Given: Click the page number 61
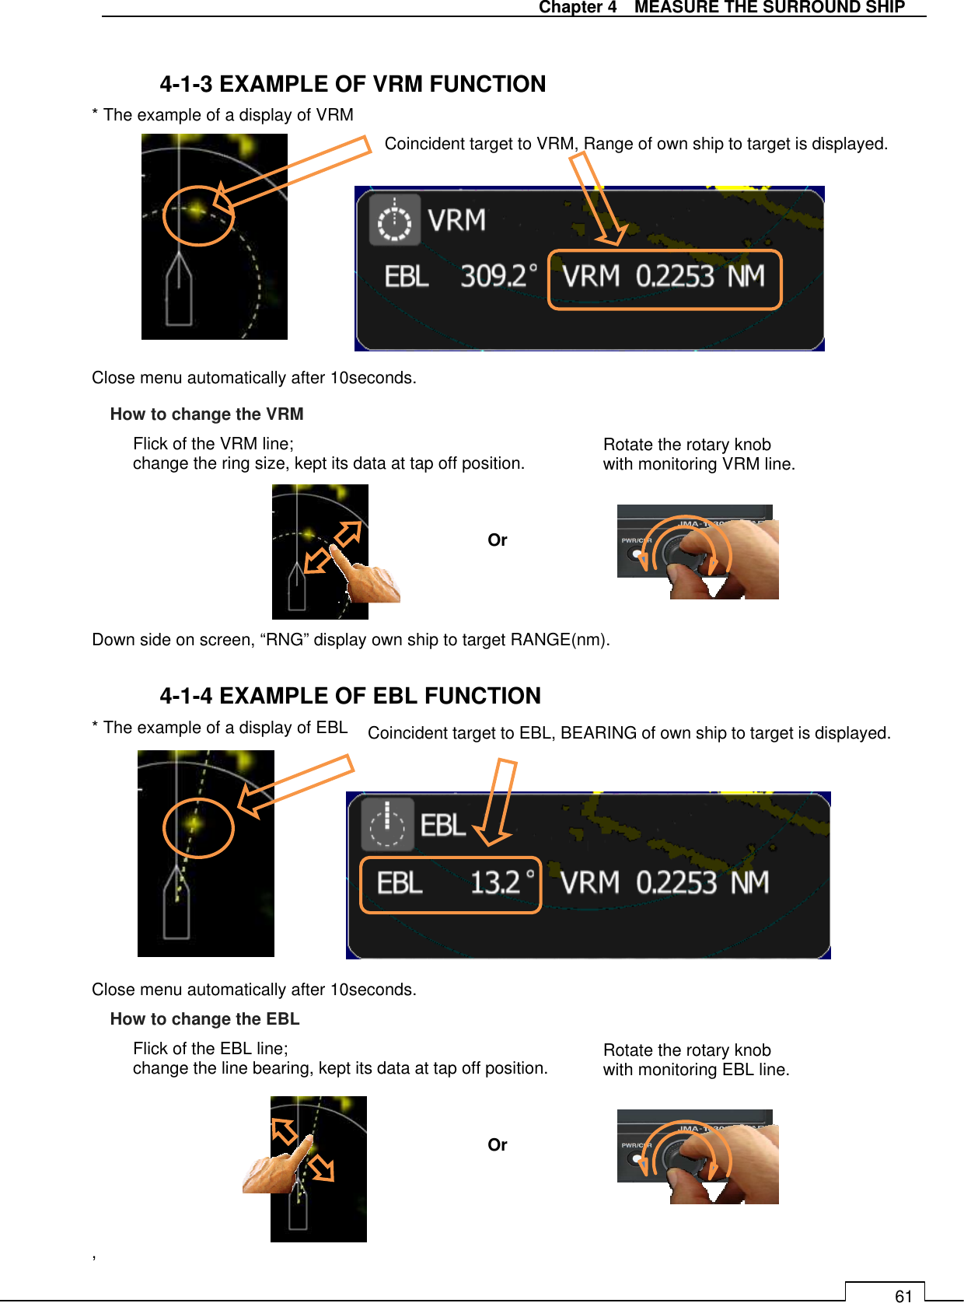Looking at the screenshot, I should pyautogui.click(x=903, y=1295).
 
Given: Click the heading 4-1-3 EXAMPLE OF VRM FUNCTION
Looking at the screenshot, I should pyautogui.click(x=352, y=84).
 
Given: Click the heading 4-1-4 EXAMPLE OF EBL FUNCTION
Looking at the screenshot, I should pyautogui.click(x=350, y=696).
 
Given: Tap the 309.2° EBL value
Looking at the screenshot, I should pyautogui.click(x=498, y=277).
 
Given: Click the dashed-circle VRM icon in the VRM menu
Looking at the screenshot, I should pyautogui.click(x=395, y=221).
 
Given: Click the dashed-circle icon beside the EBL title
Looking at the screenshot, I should pyautogui.click(x=387, y=825).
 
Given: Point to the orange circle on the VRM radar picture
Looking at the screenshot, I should pyautogui.click(x=198, y=215).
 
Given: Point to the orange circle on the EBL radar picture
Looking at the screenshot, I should pyautogui.click(x=198, y=827).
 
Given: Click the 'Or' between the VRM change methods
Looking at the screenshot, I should pyautogui.click(x=498, y=540).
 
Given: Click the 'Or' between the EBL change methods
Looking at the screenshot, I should pyautogui.click(x=498, y=1145).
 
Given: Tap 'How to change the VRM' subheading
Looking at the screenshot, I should pyautogui.click(x=207, y=414).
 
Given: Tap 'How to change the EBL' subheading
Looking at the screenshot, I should pyautogui.click(x=204, y=1019).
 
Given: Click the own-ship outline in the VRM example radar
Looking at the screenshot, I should pyautogui.click(x=180, y=292).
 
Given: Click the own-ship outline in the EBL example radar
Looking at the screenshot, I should pyautogui.click(x=176, y=906).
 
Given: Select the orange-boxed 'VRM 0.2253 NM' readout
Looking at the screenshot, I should pyautogui.click(x=664, y=278).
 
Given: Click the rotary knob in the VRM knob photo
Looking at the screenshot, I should pyautogui.click(x=689, y=553).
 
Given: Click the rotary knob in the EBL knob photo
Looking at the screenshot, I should pyautogui.click(x=689, y=1158).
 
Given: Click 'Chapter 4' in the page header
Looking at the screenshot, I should pyautogui.click(x=578, y=8).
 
